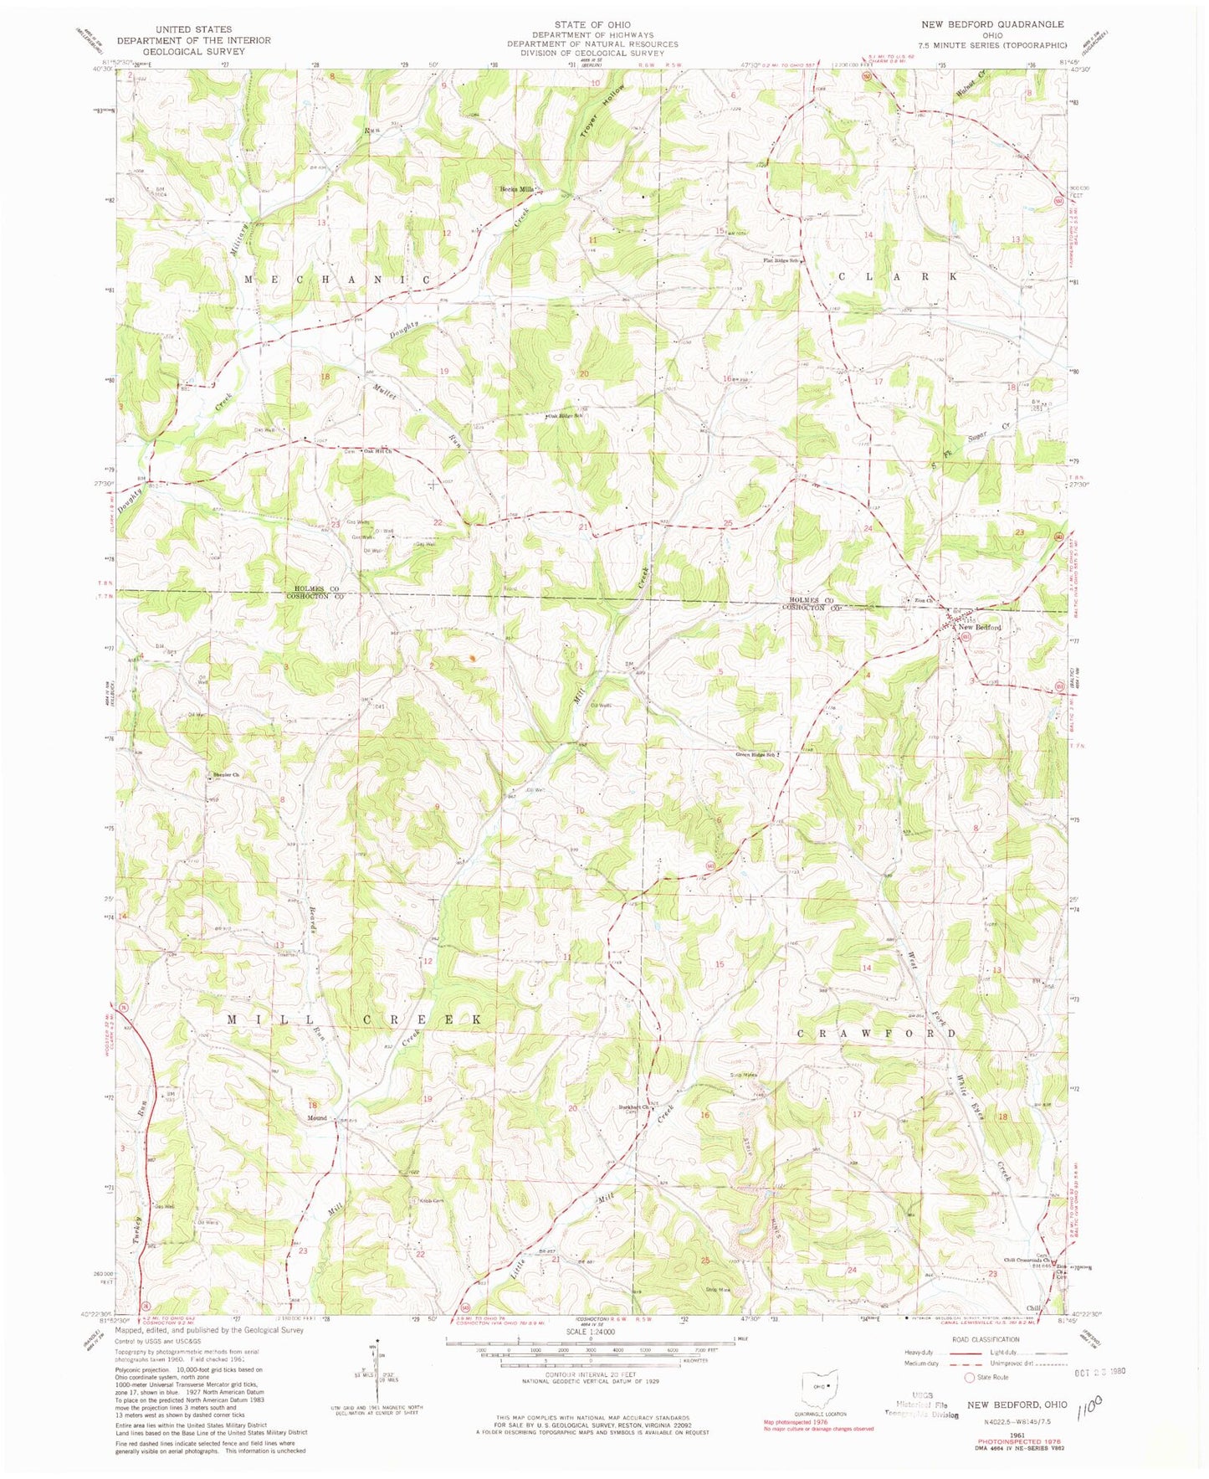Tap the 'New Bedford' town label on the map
point(980,627)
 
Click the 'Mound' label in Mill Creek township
point(317,1118)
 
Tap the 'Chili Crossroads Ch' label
point(1027,1261)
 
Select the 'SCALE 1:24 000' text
point(591,1332)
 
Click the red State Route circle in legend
point(970,1378)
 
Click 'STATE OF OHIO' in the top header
point(592,25)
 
